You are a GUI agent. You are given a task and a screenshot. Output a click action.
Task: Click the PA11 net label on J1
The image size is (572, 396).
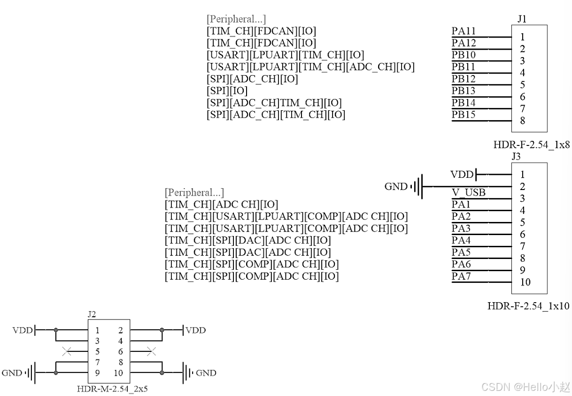pos(464,31)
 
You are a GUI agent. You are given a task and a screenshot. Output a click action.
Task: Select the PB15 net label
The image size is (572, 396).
pos(464,114)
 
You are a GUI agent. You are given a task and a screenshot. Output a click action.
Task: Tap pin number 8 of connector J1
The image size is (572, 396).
pos(522,121)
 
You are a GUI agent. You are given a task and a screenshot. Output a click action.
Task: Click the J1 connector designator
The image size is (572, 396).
pos(522,19)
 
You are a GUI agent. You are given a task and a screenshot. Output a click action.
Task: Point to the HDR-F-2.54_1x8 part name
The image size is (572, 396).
pos(532,145)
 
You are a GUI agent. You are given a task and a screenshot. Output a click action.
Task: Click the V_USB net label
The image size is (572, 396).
pos(468,192)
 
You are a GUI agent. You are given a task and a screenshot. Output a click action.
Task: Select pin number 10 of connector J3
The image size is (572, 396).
pos(525,282)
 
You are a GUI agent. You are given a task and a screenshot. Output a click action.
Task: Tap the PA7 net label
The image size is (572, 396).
pos(461,276)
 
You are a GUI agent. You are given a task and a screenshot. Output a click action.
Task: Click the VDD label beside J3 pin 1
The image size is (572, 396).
pos(462,175)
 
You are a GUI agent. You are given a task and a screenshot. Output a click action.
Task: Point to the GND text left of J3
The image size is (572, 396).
pos(396,187)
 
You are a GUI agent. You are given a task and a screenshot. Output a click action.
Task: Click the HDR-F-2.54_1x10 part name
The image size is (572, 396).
pos(528,306)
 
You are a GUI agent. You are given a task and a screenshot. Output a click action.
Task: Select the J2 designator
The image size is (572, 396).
pos(92,314)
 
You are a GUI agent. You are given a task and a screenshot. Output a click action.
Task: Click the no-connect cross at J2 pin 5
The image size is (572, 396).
pos(67,351)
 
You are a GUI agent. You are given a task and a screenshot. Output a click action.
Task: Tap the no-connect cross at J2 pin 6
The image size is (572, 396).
pos(151,351)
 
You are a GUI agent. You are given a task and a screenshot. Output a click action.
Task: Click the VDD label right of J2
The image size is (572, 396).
pos(196,330)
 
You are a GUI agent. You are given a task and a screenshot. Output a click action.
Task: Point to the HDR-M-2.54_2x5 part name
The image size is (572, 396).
pos(112,388)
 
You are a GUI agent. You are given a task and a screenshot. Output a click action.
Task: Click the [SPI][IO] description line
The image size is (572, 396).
pos(227,91)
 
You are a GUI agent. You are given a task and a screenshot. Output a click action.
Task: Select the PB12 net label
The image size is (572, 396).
pos(464,79)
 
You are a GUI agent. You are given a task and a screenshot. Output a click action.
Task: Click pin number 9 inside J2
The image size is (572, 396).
pos(98,373)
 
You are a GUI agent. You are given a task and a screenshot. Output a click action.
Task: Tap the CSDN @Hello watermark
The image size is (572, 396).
pos(526,387)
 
